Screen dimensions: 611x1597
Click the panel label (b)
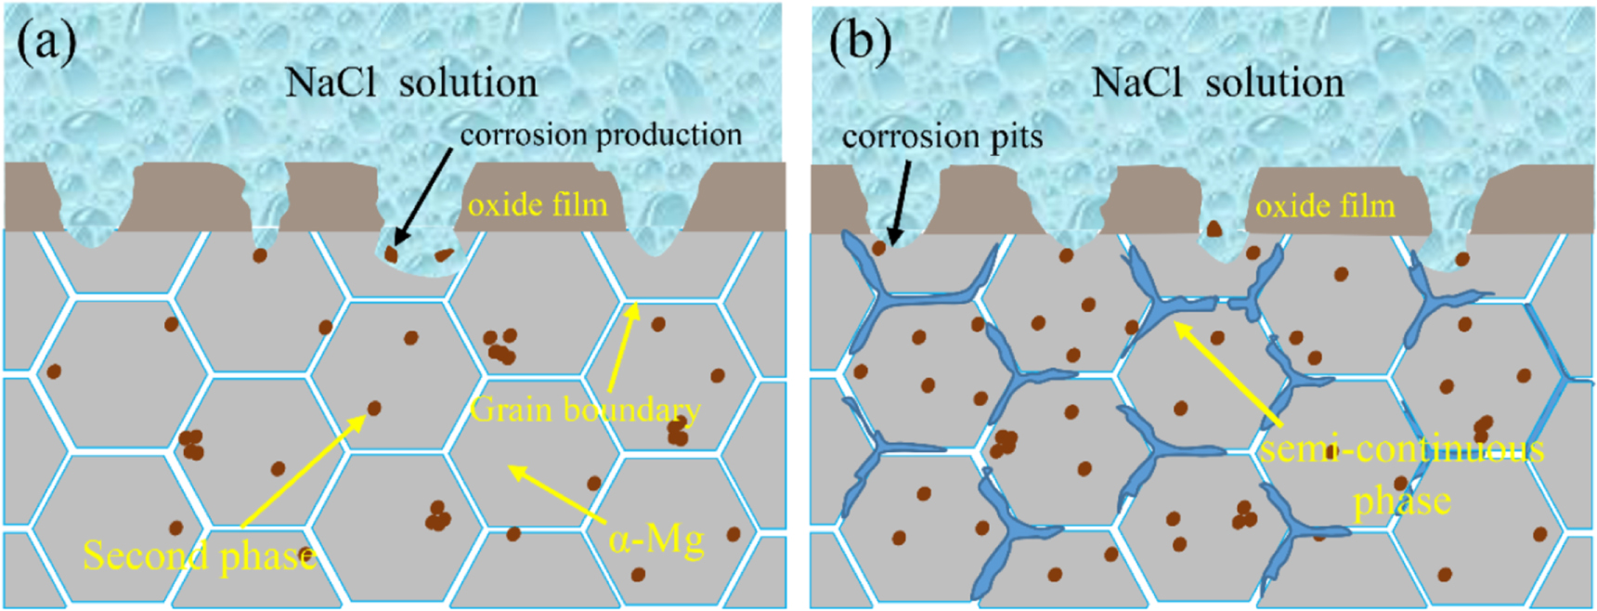860,42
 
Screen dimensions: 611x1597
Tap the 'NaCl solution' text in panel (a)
410,84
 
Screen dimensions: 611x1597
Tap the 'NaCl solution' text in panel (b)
1217,84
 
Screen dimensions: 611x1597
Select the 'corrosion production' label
601,136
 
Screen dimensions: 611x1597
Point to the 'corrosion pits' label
941,137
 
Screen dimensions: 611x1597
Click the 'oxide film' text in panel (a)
538,204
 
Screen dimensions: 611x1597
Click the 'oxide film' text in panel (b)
1325,206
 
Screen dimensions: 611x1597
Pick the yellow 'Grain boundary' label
585,409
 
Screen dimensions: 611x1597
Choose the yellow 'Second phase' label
200,556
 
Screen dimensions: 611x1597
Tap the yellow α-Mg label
656,538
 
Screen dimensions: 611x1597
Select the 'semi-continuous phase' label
1401,474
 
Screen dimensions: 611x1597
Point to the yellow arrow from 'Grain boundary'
622,348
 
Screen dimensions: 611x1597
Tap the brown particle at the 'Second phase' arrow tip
374,408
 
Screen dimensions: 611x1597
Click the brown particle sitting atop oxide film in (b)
1213,228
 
